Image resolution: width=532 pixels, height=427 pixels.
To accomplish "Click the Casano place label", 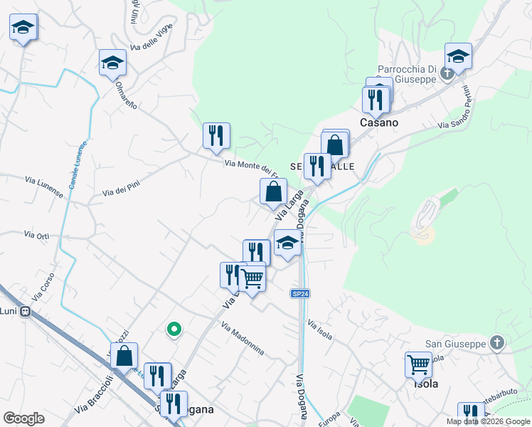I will pos(378,122).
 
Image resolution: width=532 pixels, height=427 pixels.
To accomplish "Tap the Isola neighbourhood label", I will pos(425,384).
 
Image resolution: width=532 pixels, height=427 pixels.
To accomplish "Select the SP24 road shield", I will pos(301,294).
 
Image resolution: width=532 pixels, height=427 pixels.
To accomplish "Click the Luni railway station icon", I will pos(25,311).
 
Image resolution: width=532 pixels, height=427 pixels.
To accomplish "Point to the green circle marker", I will pos(173,329).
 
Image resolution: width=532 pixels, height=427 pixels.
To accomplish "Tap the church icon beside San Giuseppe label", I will pos(497,344).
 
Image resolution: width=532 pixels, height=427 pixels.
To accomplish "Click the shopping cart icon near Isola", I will pos(418,364).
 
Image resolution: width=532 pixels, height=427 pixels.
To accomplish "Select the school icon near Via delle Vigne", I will pos(112,62).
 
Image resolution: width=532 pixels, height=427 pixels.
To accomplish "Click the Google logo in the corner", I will pos(24,418).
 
